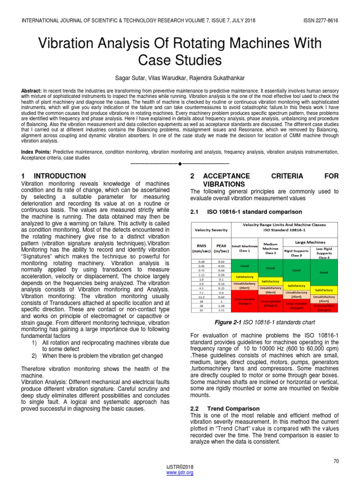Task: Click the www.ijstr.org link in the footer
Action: point(180,473)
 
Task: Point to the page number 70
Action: point(336,461)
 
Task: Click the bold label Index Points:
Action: point(37,152)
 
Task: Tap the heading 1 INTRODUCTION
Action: point(53,176)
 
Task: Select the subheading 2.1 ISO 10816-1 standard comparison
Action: point(239,212)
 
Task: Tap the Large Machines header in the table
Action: point(309,242)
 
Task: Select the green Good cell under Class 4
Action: point(324,272)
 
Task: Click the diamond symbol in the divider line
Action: point(180,164)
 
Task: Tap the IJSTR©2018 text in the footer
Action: point(180,467)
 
